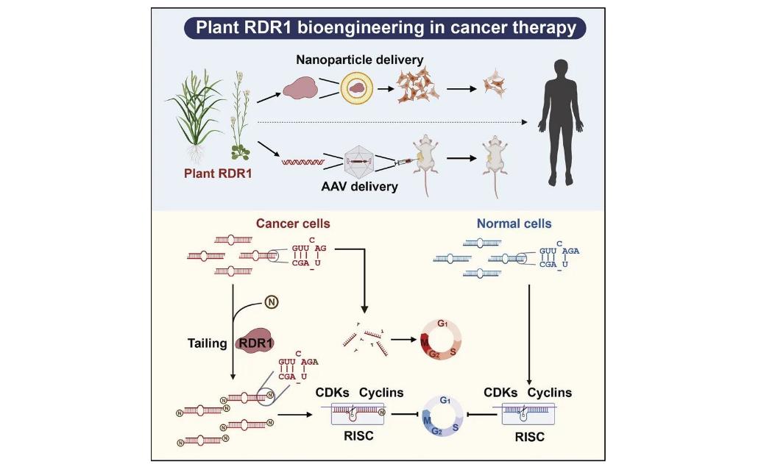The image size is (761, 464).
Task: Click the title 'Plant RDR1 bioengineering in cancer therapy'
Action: [385, 29]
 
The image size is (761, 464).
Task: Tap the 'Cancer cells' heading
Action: [293, 223]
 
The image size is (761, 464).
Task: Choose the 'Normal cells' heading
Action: [514, 223]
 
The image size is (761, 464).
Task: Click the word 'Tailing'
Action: [207, 343]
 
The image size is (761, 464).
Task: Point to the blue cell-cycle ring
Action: [445, 415]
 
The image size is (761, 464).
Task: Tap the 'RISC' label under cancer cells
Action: [360, 437]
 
